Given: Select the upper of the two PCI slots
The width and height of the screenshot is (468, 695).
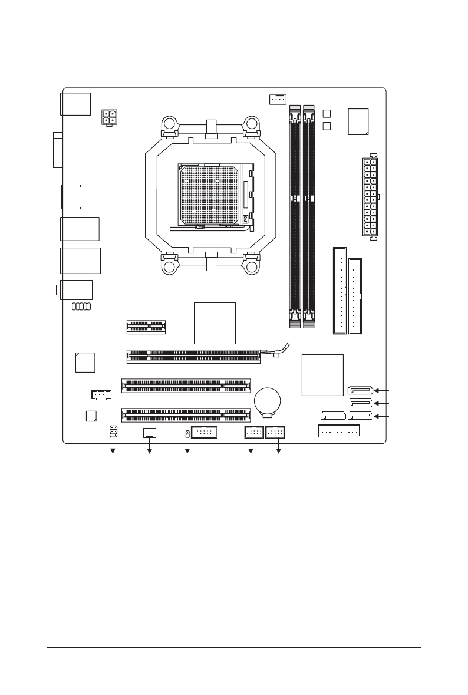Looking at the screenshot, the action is [186, 386].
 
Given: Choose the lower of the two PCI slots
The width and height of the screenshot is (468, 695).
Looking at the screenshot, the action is [186, 416].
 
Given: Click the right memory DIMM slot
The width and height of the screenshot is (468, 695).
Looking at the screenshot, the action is [308, 215].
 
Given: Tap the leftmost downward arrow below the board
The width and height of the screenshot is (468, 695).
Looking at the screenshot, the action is [113, 452].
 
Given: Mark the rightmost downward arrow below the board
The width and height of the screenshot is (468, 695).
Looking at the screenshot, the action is [278, 452].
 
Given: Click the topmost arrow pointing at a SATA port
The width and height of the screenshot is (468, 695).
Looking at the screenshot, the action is [383, 390].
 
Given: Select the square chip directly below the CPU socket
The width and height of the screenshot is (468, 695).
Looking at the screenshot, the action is [215, 323].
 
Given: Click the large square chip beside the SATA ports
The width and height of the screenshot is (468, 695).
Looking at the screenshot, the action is [322, 375].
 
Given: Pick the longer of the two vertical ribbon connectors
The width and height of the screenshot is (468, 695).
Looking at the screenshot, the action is [340, 290].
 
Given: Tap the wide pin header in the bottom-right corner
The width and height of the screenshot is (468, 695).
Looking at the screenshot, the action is [340, 432].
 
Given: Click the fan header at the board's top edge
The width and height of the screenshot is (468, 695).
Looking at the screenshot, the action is [277, 99].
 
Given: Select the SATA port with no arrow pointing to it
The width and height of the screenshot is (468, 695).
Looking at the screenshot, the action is [333, 417].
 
